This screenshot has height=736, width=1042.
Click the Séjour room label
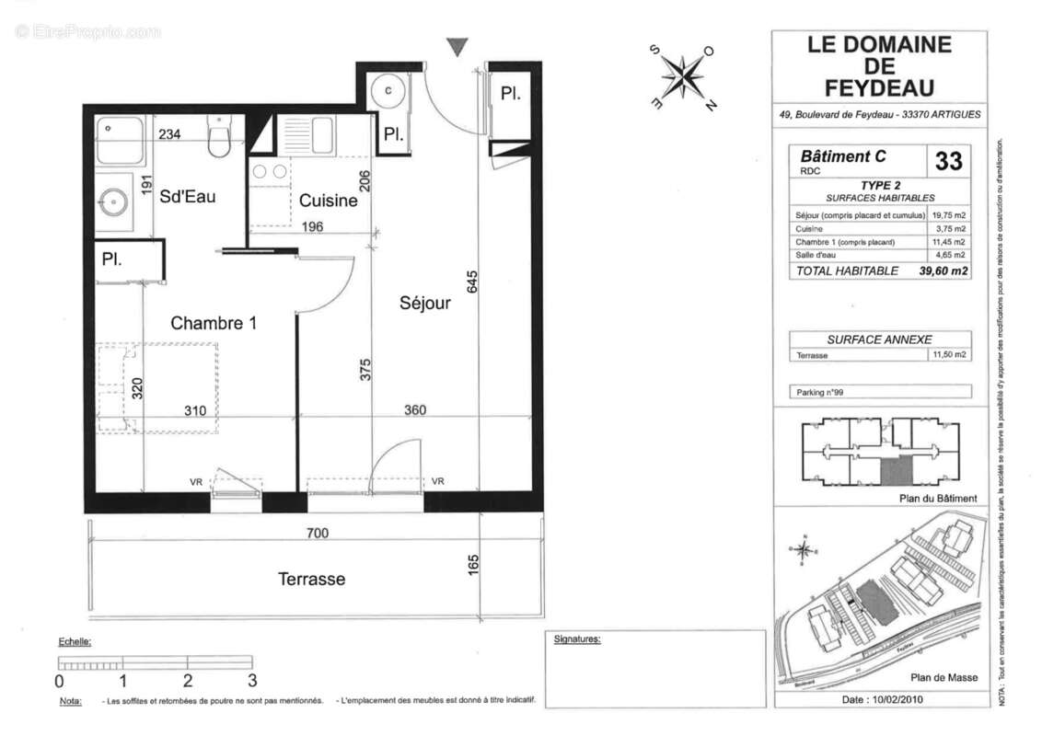click(x=424, y=303)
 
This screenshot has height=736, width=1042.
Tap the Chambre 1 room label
click(x=214, y=323)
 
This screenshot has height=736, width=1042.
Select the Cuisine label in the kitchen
click(x=329, y=201)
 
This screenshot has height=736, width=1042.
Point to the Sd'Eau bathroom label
click(x=188, y=196)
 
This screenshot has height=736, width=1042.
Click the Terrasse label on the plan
click(x=312, y=579)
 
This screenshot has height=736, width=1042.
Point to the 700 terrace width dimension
click(x=318, y=533)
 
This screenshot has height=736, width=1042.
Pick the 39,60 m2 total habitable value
click(x=942, y=270)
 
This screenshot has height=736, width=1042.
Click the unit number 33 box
click(x=948, y=161)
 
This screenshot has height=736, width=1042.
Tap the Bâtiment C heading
click(x=842, y=155)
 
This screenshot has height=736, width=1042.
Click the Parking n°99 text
click(x=819, y=392)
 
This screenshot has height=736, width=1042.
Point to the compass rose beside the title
click(x=683, y=76)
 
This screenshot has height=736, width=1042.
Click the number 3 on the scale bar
click(x=251, y=682)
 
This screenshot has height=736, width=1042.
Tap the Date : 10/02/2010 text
click(x=882, y=699)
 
